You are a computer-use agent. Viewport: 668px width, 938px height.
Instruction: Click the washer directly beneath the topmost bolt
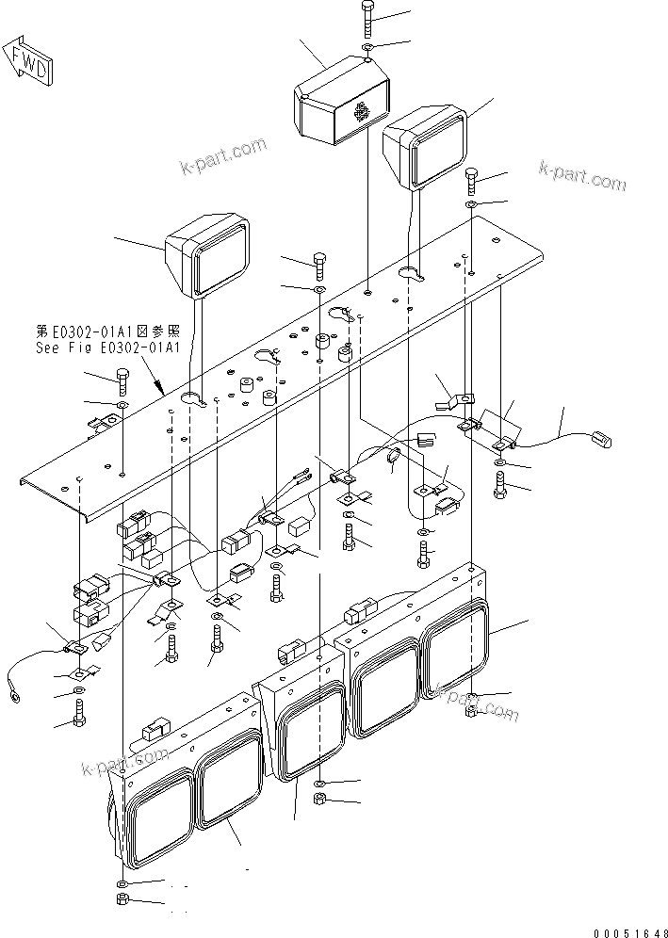pos(367,46)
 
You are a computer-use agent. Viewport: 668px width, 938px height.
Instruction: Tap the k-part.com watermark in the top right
pos(581,174)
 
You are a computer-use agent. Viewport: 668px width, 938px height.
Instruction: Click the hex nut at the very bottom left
pos(122,903)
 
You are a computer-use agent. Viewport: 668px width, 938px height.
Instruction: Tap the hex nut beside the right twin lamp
pos(472,710)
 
